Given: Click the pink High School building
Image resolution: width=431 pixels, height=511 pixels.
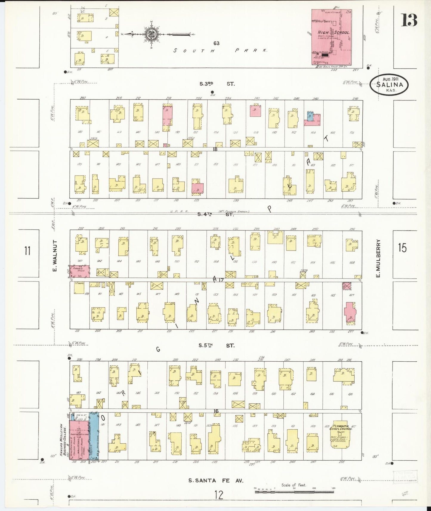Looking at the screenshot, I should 331,37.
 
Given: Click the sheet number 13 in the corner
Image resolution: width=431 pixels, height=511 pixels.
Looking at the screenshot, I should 409,21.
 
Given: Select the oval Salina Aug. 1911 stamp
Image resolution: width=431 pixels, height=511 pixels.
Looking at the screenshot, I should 389,85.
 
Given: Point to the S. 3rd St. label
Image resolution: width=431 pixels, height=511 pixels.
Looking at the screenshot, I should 217,84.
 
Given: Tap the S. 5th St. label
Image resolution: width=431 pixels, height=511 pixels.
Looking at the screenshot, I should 217,346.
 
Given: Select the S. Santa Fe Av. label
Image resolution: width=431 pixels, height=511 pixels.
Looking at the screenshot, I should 216,480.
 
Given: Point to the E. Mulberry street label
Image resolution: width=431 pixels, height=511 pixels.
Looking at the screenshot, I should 378,258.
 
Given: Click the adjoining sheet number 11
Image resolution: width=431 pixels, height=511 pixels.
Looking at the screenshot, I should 27,251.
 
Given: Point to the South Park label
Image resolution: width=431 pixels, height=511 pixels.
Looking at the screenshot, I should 220,50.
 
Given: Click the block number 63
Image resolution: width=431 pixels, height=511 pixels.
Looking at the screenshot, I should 216,43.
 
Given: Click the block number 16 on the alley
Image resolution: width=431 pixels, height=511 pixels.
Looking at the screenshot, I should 216,411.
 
